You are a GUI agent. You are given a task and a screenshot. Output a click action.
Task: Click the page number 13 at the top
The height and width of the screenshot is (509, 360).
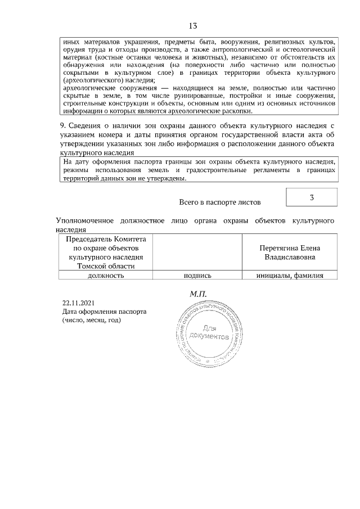(x=192, y=26)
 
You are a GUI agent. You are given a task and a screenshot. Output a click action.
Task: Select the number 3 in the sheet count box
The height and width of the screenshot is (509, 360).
(x=312, y=197)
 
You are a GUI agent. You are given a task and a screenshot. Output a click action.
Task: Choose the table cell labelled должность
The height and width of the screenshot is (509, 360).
(x=105, y=275)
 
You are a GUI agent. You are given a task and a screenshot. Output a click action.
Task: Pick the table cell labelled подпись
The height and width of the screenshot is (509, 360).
(x=197, y=275)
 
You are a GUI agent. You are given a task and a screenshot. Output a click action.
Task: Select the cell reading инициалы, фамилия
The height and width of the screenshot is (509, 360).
(x=289, y=275)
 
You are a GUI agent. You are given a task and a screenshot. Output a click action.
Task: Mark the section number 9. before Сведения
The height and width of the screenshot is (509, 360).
(x=64, y=125)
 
